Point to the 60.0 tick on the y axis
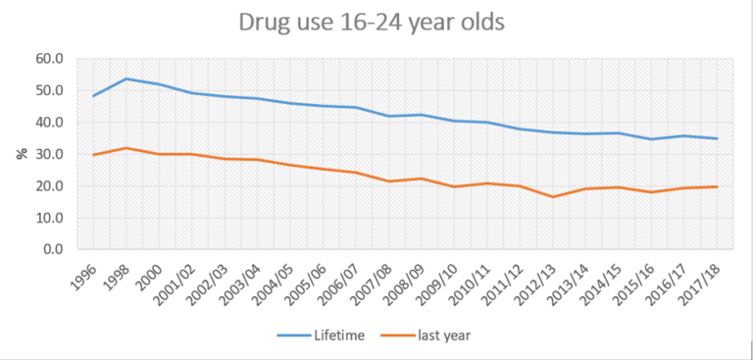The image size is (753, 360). pos(49,59)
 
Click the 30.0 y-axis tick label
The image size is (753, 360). pos(49,154)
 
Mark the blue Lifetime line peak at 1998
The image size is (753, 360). pos(126,78)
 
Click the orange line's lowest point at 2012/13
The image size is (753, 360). pos(554,197)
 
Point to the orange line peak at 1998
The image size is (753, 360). pos(126,148)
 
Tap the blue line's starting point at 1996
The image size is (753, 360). pos(93,96)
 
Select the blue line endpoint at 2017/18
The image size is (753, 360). pos(718,138)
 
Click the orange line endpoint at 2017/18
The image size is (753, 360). pos(718,186)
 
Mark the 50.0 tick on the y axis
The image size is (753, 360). pos(49,90)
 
